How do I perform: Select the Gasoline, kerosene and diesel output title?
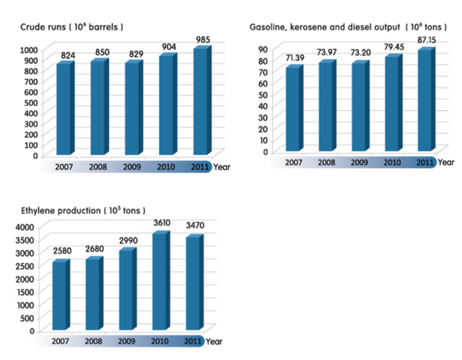(x=348, y=26)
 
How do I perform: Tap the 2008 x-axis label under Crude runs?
(x=98, y=167)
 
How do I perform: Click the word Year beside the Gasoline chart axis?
(x=446, y=162)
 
